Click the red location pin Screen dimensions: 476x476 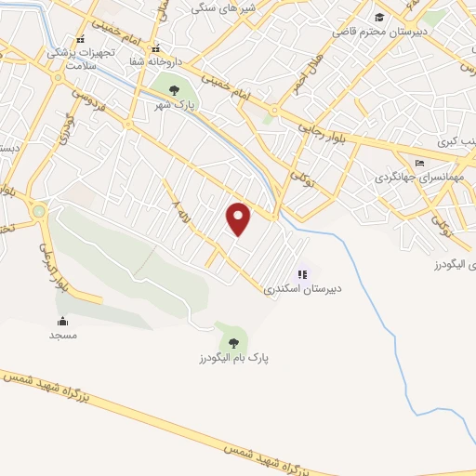(x=240, y=218)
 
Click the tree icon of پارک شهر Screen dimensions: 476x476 (x=174, y=89)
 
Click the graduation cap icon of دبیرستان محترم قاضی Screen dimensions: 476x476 (x=378, y=17)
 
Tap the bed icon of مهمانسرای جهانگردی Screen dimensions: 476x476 (x=419, y=163)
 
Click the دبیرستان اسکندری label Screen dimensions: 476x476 (x=303, y=289)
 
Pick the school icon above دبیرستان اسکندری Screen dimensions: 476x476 (x=301, y=274)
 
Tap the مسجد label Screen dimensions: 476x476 (x=63, y=335)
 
